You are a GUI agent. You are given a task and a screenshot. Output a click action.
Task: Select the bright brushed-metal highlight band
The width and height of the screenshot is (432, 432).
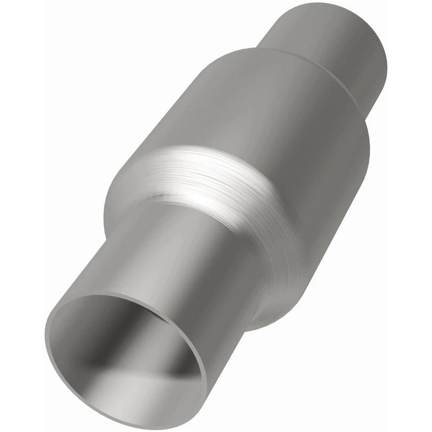[x=211, y=180]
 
